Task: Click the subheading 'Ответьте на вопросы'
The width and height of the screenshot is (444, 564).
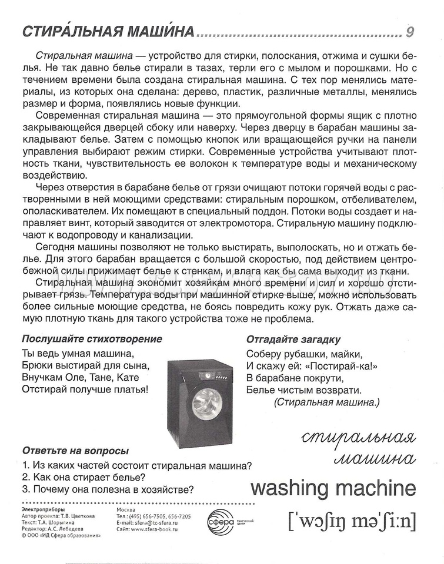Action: [75, 451]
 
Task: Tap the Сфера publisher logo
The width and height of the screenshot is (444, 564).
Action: [221, 519]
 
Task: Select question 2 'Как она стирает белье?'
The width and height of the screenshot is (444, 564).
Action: [84, 477]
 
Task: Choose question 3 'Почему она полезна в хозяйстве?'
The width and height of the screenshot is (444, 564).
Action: [108, 489]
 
